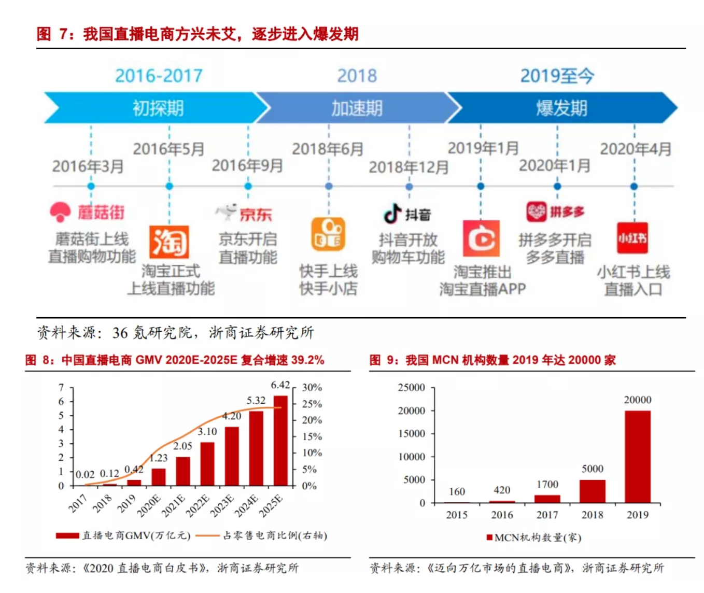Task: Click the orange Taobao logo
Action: point(169,242)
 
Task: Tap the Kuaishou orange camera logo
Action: point(328,235)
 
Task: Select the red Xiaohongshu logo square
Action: point(632,238)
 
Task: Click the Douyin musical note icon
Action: point(392,213)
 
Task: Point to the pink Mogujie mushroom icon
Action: point(60,211)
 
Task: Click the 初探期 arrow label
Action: point(158,108)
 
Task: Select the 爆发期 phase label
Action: point(561,108)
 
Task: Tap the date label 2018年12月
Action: point(409,167)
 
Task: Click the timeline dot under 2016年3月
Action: point(91,186)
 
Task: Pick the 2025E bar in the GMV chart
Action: point(280,441)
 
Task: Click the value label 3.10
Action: point(207,431)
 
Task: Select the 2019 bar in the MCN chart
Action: point(637,457)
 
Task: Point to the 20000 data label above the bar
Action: point(637,400)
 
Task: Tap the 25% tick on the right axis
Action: point(312,404)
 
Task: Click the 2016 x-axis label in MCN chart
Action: point(502,515)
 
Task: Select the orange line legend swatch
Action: point(207,535)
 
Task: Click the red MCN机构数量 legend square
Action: point(489,538)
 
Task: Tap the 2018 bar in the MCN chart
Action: point(592,491)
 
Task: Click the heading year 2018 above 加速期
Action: point(357,76)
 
